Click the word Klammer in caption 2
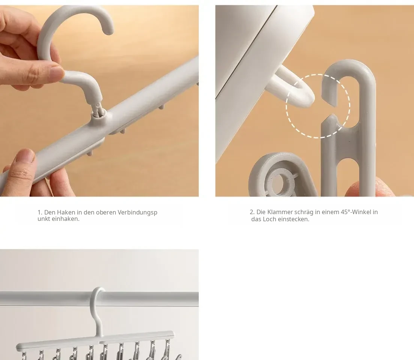tap(280, 212)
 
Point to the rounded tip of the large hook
tap(108, 30)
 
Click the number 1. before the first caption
tap(40, 212)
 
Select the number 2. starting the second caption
tap(252, 212)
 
